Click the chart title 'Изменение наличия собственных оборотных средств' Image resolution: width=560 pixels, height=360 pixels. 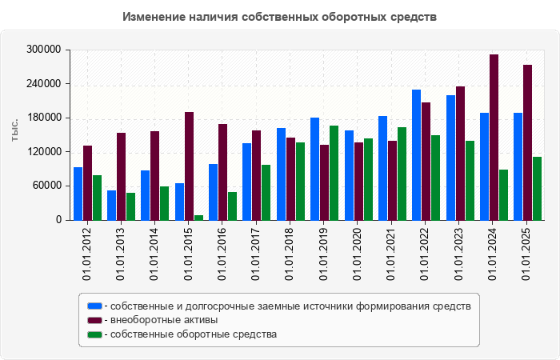click(280, 16)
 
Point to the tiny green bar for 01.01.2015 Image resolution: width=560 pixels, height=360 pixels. click(198, 217)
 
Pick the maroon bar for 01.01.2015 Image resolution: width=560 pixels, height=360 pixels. click(189, 166)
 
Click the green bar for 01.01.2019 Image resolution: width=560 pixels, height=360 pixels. click(334, 173)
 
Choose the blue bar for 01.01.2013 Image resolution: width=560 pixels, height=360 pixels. click(112, 205)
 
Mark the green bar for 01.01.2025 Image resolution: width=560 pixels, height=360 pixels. click(538, 189)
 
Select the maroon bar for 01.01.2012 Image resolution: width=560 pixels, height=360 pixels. click(87, 182)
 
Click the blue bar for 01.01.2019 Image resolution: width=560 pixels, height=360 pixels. click(315, 169)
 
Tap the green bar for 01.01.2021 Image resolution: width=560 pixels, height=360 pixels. click(402, 174)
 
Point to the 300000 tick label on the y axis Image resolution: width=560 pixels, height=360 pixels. click(45, 50)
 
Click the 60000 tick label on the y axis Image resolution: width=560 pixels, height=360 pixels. click(47, 186)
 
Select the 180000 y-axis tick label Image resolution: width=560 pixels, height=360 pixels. click(45, 118)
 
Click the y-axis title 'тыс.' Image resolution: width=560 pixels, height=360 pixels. click(15, 132)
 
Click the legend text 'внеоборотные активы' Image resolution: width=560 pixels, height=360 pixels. click(165, 320)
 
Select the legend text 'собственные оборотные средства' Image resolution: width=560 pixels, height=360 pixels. click(194, 334)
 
